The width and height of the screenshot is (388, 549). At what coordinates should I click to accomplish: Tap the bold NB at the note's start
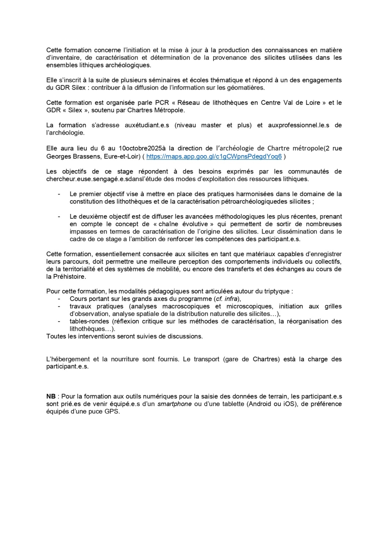point(51,396)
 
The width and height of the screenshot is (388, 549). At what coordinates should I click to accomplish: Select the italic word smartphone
point(175,404)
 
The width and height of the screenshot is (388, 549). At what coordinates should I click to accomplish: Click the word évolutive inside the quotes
point(198,224)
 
